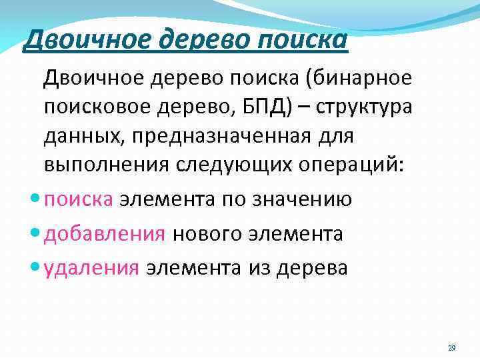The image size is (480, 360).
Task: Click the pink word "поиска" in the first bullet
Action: point(79,199)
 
